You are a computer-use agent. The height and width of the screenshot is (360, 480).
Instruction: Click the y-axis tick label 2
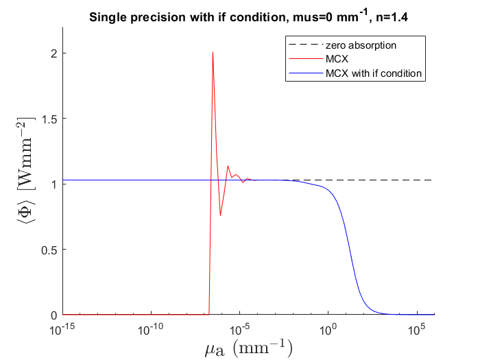[x=54, y=53]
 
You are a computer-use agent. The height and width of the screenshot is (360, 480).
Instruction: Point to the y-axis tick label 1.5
[x=49, y=119]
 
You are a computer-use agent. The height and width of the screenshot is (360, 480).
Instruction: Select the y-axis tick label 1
[x=54, y=184]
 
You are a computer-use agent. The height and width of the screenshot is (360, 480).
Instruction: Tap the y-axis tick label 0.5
[x=49, y=250]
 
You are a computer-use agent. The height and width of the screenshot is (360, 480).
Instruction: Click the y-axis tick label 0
[x=54, y=315]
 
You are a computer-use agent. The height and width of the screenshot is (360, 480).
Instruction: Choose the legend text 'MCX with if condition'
[x=374, y=73]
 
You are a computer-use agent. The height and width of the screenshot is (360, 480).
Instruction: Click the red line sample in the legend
[x=304, y=59]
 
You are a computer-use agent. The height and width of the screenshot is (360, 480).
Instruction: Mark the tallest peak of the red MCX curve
[x=213, y=52]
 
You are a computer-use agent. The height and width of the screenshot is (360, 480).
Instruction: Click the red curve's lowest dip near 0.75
[x=220, y=215]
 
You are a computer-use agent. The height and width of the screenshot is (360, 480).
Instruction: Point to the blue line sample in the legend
[x=304, y=73]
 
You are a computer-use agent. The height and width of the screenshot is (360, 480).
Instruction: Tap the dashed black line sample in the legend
[x=304, y=45]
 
